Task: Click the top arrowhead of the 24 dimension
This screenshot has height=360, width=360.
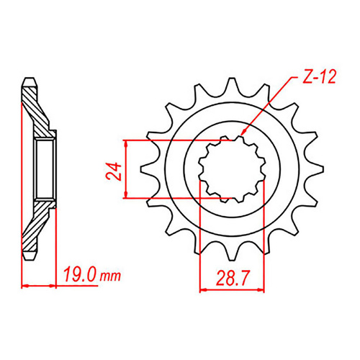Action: (127, 143)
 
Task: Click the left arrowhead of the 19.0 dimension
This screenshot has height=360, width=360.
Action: (26, 285)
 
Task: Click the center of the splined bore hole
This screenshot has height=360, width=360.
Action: (231, 168)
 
